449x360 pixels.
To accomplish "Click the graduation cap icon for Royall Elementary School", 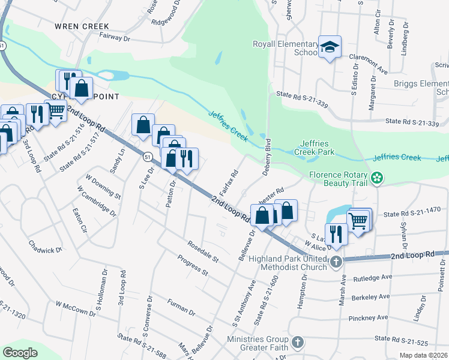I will [329, 47].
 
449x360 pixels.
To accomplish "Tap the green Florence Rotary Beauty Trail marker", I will [377, 178].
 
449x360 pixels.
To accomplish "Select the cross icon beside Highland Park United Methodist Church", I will [336, 262].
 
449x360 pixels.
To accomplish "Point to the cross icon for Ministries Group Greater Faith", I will [298, 343].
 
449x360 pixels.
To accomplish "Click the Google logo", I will [20, 353].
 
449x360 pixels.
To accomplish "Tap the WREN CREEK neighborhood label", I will [82, 26].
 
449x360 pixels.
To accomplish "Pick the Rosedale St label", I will [203, 251].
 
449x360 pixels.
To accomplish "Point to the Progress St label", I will [192, 265].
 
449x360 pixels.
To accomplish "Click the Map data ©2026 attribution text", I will [424, 355].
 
